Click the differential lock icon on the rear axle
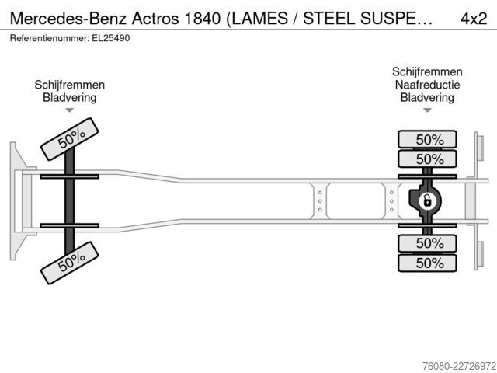(x=427, y=201)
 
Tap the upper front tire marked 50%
(x=70, y=139)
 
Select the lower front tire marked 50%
(x=70, y=263)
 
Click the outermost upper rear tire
(x=427, y=139)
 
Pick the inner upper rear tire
(x=427, y=159)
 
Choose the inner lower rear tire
(x=427, y=243)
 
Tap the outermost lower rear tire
(x=427, y=263)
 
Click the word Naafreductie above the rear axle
(x=427, y=85)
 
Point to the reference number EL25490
(x=111, y=38)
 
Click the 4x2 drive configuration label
(x=474, y=19)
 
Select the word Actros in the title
(x=155, y=19)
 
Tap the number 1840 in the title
(x=202, y=19)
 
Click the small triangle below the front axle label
(x=69, y=110)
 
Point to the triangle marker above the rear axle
(x=427, y=110)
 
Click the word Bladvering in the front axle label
(x=69, y=97)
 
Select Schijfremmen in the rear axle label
(x=427, y=71)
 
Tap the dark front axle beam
(x=69, y=201)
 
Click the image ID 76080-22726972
(x=459, y=366)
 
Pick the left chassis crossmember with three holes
(x=320, y=201)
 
